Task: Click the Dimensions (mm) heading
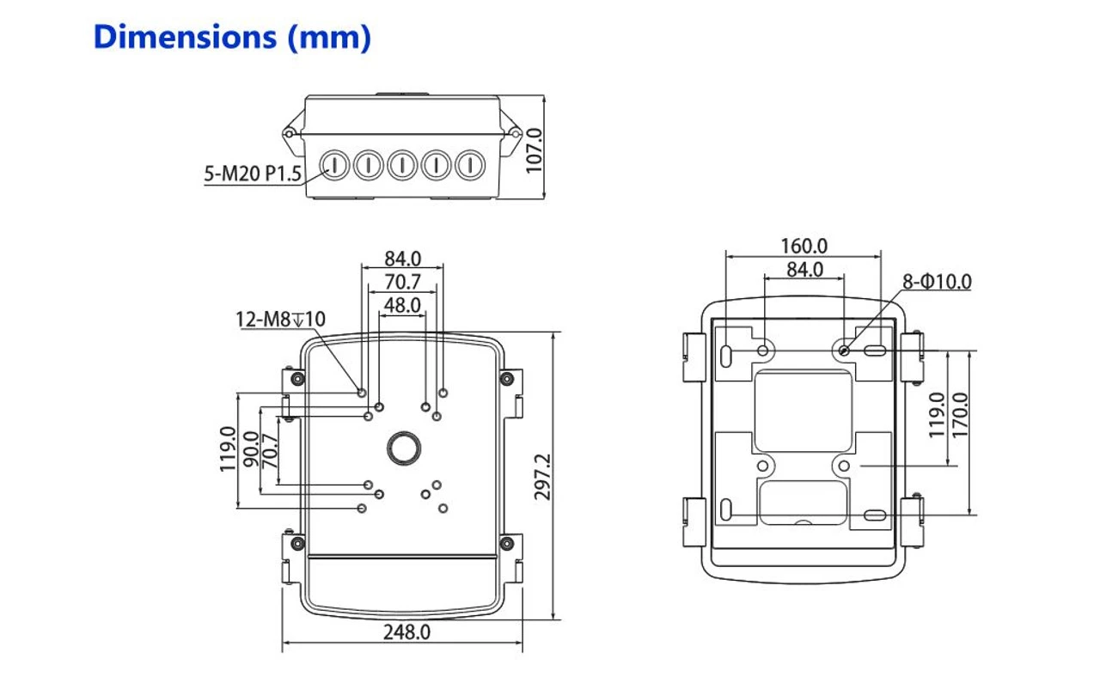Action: [x=232, y=38]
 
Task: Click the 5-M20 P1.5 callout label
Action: [x=253, y=174]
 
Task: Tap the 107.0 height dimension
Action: [x=535, y=150]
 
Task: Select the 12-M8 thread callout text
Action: [x=281, y=320]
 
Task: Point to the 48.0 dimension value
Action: [x=402, y=304]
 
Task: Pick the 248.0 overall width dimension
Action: [x=406, y=632]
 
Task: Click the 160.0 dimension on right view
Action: [x=804, y=247]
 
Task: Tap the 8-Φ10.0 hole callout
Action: [x=936, y=281]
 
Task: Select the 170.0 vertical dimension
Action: [x=959, y=416]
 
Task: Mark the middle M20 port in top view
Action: [x=402, y=164]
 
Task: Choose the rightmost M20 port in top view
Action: [x=470, y=164]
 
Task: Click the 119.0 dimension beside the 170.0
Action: [x=938, y=416]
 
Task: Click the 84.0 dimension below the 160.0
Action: [x=804, y=270]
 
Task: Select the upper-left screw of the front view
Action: [x=297, y=379]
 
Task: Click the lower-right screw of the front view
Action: [x=506, y=543]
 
